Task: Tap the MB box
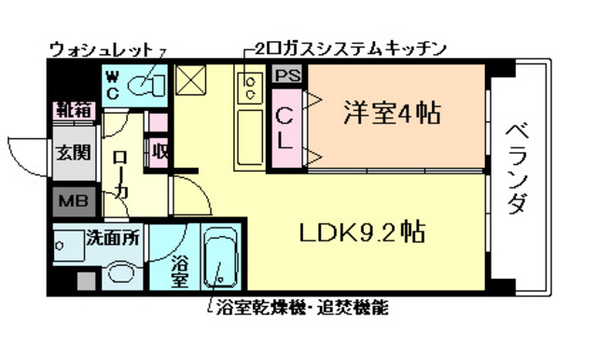(x=71, y=201)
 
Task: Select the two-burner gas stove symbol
(x=251, y=88)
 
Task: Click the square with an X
(x=191, y=82)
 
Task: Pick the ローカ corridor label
(x=121, y=175)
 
